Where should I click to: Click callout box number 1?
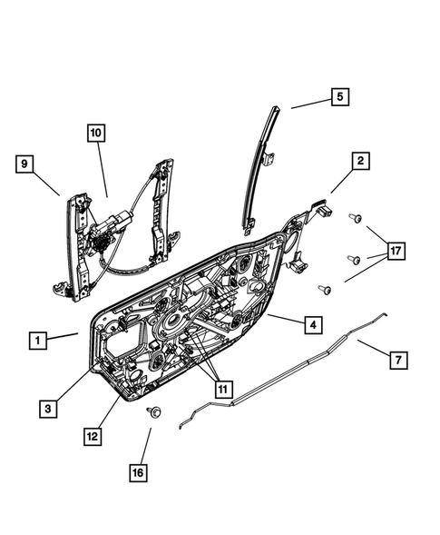[38, 341]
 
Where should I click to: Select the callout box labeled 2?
[360, 162]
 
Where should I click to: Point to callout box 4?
[311, 323]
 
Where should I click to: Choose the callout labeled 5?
[337, 96]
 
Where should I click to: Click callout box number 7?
[396, 361]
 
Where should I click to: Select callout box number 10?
[96, 133]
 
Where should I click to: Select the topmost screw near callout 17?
[356, 218]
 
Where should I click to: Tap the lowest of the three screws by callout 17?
[323, 289]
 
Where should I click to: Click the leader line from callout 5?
[308, 103]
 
